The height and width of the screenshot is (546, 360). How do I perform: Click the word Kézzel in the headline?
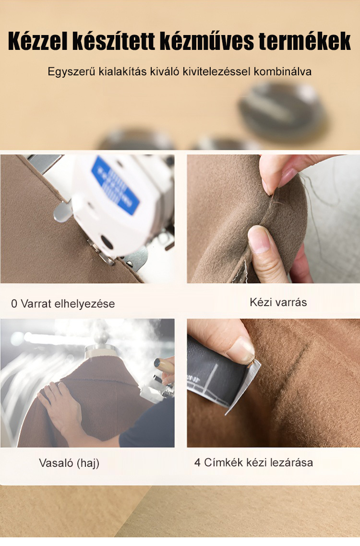pos(37,42)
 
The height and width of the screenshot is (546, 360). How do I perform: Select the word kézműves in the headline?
pos(207,42)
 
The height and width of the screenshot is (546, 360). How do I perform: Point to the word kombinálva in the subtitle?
pos(283,72)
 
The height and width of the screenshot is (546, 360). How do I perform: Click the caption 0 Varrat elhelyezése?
pos(63,304)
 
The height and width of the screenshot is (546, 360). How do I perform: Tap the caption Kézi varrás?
pos(278,302)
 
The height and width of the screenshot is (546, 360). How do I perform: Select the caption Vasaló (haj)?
pos(69,463)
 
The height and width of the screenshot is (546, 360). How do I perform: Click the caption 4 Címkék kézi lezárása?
pos(254,463)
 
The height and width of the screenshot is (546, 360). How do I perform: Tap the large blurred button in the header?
pos(282,111)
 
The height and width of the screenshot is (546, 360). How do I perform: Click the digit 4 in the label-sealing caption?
pos(198,463)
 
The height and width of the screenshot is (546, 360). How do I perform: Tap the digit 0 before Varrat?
pos(14,304)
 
